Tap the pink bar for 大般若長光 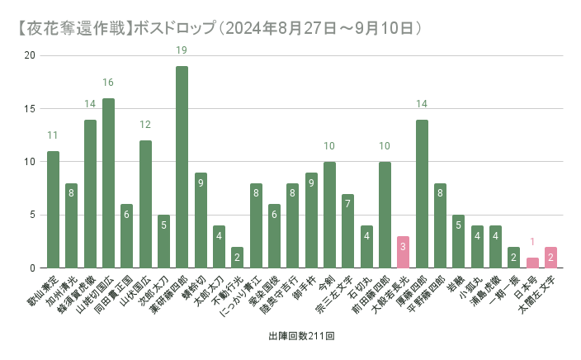coord(403,252)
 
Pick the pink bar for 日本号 coord(532,263)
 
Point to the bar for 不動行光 coord(237,258)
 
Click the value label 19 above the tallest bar coord(182,50)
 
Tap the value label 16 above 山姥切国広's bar coord(108,83)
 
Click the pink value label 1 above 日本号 coord(532,242)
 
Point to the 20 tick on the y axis coord(31,55)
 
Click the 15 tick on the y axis coord(31,109)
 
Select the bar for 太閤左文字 coord(550,258)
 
